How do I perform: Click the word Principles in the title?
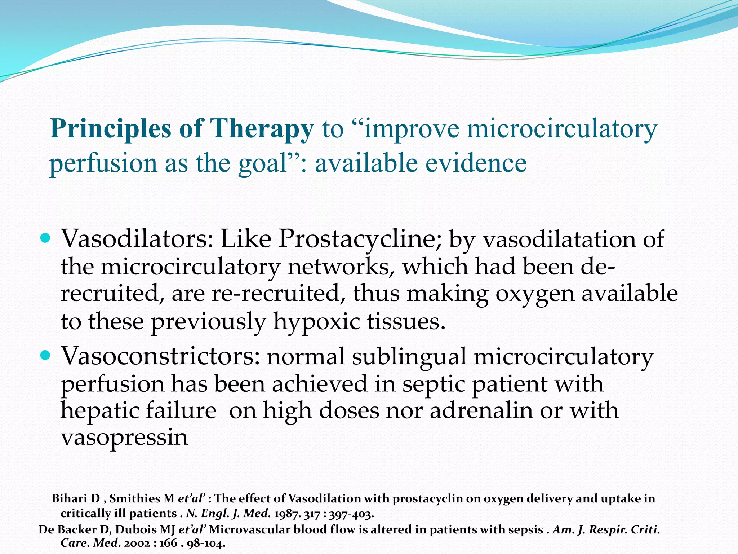pos(110,129)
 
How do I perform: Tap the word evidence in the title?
pos(476,163)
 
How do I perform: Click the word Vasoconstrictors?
pos(160,356)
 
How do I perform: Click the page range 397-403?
pos(351,514)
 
